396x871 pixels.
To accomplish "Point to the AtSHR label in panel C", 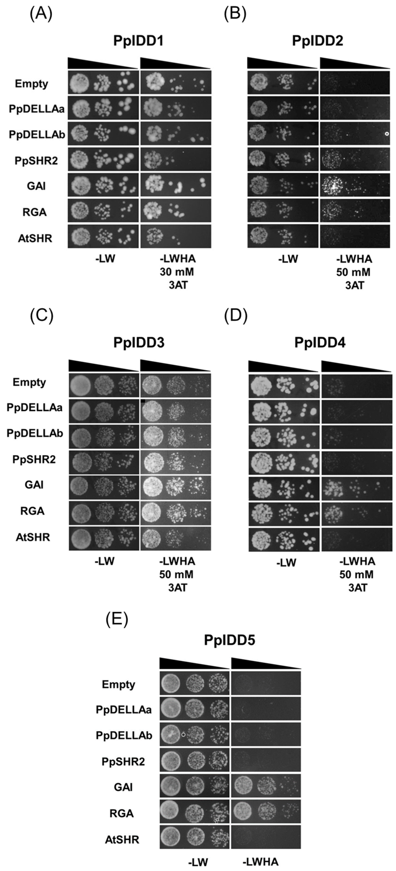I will tap(33, 537).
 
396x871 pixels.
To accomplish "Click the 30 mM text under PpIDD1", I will tap(177, 272).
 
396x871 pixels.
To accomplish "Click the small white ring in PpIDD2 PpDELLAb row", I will tap(387, 134).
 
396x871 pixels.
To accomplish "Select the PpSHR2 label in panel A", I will tap(36, 161).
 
